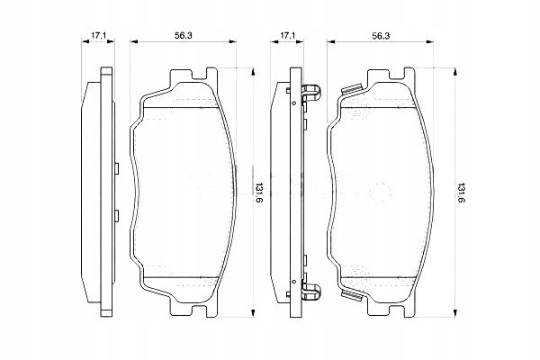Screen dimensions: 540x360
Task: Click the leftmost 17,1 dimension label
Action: (x=98, y=35)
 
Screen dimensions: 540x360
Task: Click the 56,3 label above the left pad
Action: (x=184, y=35)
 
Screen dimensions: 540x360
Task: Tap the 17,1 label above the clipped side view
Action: (x=287, y=35)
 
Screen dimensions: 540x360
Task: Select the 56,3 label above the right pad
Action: (x=381, y=35)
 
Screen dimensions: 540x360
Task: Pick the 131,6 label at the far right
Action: (x=460, y=192)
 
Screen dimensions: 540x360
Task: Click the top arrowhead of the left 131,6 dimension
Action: (x=253, y=71)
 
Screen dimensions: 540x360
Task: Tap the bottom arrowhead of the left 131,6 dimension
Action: (x=253, y=313)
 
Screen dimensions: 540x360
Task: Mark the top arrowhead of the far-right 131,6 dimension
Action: (x=454, y=71)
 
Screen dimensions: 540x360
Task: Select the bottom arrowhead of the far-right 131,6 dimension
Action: (x=454, y=313)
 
